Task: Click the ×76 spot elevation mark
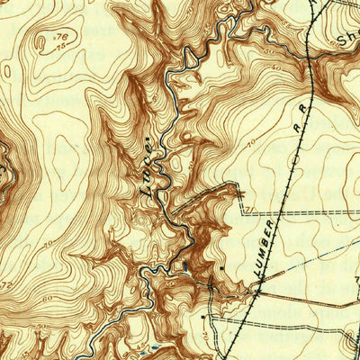(60, 36)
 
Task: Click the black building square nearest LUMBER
(222, 267)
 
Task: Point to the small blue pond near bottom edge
(158, 346)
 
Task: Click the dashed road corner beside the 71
(244, 214)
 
